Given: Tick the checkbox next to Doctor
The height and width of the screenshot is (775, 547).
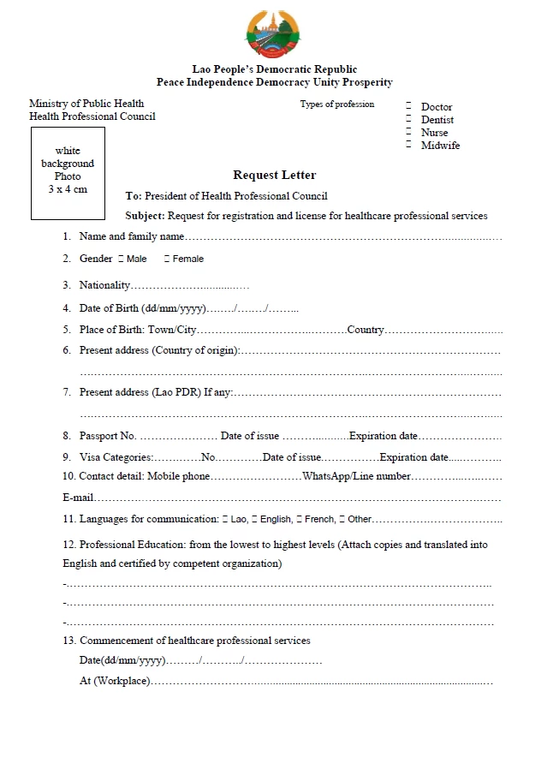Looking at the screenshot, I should [x=409, y=106].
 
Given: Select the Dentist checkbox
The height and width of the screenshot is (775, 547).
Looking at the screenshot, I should [x=409, y=119].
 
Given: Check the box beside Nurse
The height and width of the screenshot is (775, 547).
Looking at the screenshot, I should [x=409, y=132].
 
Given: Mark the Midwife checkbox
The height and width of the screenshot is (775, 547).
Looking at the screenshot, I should [x=409, y=145].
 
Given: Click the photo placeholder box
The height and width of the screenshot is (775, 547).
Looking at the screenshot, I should [x=68, y=173].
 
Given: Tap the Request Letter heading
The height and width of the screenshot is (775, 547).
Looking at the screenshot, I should [x=274, y=176].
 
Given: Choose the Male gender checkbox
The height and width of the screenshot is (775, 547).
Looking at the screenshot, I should [x=121, y=259].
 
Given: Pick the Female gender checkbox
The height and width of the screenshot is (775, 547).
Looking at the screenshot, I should [x=167, y=259].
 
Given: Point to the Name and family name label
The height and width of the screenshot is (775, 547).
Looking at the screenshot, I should [x=131, y=236].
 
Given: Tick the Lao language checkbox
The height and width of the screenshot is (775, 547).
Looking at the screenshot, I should [x=225, y=519].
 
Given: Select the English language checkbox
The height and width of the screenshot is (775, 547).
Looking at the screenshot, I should [x=254, y=519].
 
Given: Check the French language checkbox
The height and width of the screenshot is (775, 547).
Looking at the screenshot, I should [x=300, y=519].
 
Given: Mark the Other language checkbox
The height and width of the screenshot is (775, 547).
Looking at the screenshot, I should [x=342, y=519].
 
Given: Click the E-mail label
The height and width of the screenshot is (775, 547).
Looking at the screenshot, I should [x=78, y=498].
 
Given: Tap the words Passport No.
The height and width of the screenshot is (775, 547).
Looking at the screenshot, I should [x=108, y=436].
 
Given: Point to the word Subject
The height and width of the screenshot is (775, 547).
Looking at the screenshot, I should [x=145, y=216].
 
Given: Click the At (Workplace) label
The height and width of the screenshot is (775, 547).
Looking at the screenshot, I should [x=115, y=681].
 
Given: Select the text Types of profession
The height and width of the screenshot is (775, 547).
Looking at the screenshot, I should [x=337, y=104].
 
